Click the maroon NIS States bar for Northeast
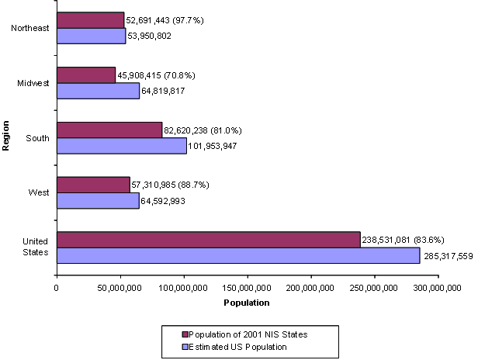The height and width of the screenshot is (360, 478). [x=90, y=19]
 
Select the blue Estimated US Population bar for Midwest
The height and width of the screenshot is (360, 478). [x=98, y=91]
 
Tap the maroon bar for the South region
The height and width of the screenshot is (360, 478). [x=109, y=130]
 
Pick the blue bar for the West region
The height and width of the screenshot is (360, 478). [x=98, y=200]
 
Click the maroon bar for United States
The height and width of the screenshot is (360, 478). [x=208, y=240]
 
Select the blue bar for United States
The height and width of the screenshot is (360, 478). [x=237, y=255]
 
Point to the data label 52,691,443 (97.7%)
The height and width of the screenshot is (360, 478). [x=165, y=19]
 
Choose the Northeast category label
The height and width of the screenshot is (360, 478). [x=32, y=29]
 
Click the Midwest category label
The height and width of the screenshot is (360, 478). [x=35, y=83]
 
